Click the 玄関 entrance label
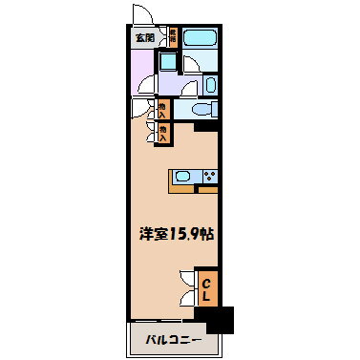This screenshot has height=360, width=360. (144, 38)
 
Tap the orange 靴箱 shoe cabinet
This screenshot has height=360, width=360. (174, 39)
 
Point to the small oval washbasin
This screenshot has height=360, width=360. (211, 85)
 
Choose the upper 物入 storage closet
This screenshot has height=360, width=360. (163, 110)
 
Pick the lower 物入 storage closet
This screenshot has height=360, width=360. (163, 132)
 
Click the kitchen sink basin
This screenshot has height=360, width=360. (185, 175)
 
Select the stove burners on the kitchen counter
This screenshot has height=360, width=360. (209, 175)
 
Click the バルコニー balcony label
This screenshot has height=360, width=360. (173, 339)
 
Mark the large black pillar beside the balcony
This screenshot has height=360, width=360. (220, 319)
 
